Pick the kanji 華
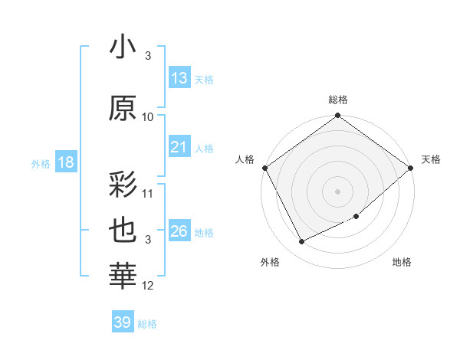coord(123,277)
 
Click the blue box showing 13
coord(179,77)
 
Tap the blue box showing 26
coord(179,231)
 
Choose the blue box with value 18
coord(65,162)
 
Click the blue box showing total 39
coord(122,322)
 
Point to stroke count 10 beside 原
coord(148,116)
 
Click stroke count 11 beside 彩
coord(148,193)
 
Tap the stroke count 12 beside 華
coord(148,286)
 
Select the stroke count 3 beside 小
coord(148,56)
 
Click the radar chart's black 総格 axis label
coord(338,100)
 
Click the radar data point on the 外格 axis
coord(301,242)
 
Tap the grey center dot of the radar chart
coord(338,191)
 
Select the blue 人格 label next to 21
coord(204,148)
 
